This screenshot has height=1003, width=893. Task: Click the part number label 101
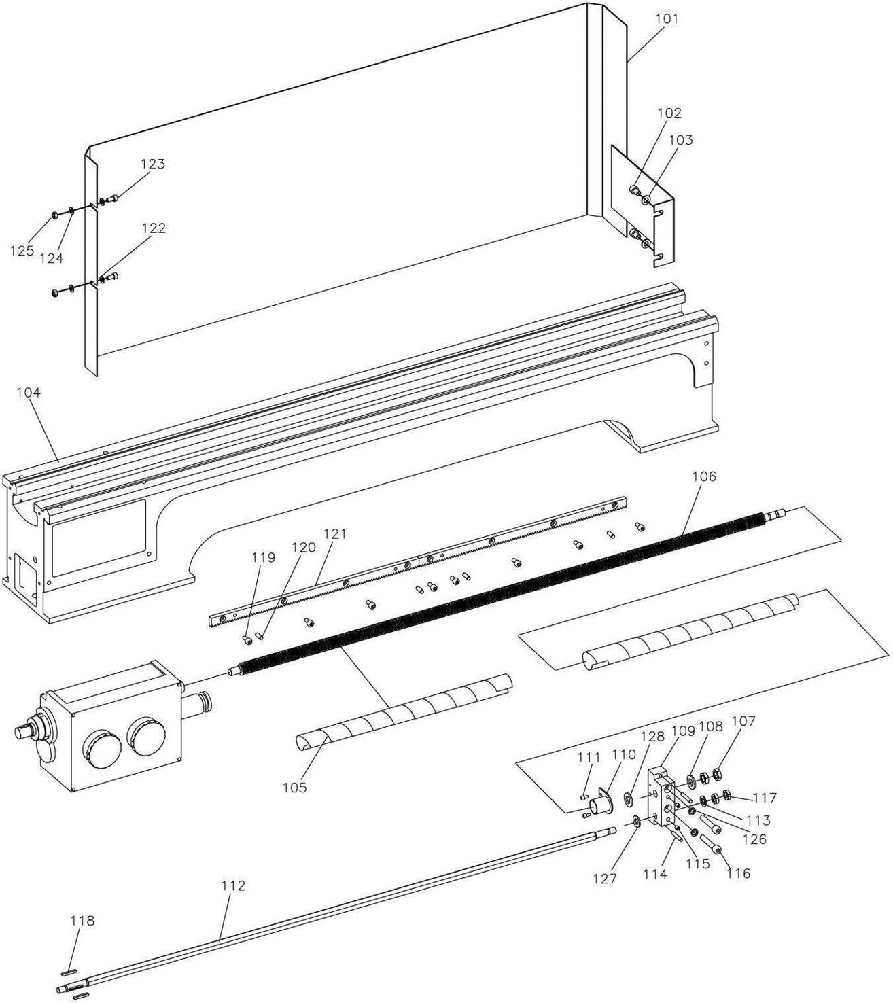click(x=667, y=19)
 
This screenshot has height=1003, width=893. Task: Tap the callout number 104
click(x=29, y=393)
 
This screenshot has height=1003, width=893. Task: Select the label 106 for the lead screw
click(x=704, y=477)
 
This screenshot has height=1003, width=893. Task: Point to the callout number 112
click(x=233, y=885)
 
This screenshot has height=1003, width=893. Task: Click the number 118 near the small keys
click(x=82, y=921)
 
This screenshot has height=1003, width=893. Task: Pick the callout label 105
click(x=295, y=787)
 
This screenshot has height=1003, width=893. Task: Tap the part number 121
click(x=335, y=535)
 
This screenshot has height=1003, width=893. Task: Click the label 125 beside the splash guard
click(x=22, y=251)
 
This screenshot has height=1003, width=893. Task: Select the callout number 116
click(x=739, y=874)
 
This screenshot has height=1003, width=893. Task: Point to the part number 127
click(x=606, y=879)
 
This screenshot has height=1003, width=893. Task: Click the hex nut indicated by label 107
click(x=716, y=773)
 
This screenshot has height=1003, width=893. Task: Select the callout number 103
click(x=681, y=141)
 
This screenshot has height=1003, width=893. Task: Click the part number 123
click(x=153, y=164)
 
